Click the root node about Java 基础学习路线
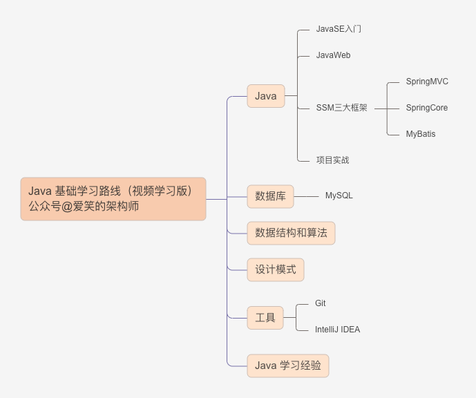coord(113,198)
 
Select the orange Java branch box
coord(266,96)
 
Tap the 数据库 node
coord(270,196)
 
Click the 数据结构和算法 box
coord(291,233)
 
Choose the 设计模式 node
coord(276,269)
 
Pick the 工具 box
coord(265,318)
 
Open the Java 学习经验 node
coord(288,366)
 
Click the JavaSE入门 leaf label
coord(339,29)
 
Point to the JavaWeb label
coord(333,55)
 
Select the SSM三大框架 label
coord(341,108)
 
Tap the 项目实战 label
coord(332,160)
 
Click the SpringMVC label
coord(427,82)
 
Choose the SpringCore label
coord(426,108)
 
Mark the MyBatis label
coord(421,134)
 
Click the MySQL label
coord(339,196)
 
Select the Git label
coord(321,303)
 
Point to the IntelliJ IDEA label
coord(337,330)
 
